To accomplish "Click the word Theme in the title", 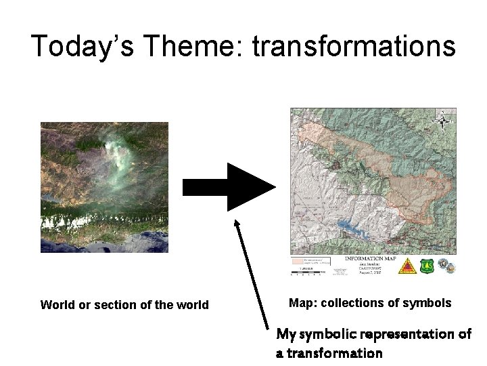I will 207,46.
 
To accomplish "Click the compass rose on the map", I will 443,122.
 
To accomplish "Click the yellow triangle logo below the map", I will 407,265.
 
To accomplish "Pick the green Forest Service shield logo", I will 427,265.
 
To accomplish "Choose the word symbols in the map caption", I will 430,303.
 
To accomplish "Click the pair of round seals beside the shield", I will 447,264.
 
